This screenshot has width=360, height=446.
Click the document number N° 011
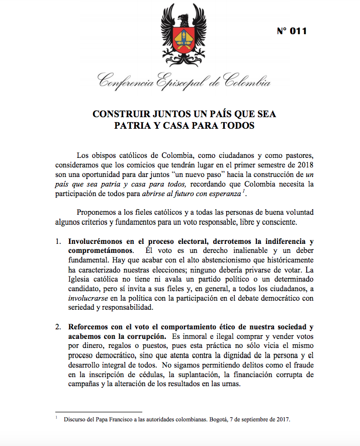pyautogui.click(x=292, y=31)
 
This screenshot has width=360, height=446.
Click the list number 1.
pyautogui.click(x=58, y=240)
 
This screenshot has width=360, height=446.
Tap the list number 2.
pyautogui.click(x=58, y=326)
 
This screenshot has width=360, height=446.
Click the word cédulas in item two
pyautogui.click(x=146, y=374)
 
